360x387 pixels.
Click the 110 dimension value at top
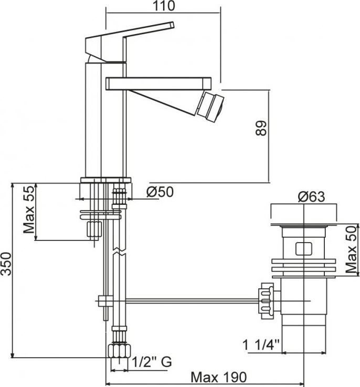pos(164,6)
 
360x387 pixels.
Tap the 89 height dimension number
pos(261,128)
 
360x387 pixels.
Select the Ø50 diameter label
pos(160,192)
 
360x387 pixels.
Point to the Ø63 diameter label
pos(311,197)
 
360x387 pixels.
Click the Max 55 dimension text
pos(29,210)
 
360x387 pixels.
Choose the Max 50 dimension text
pos(351,249)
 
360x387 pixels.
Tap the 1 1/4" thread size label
pos(261,345)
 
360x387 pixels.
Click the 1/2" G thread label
pos(152,362)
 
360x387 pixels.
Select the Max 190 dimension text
pos(219,377)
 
